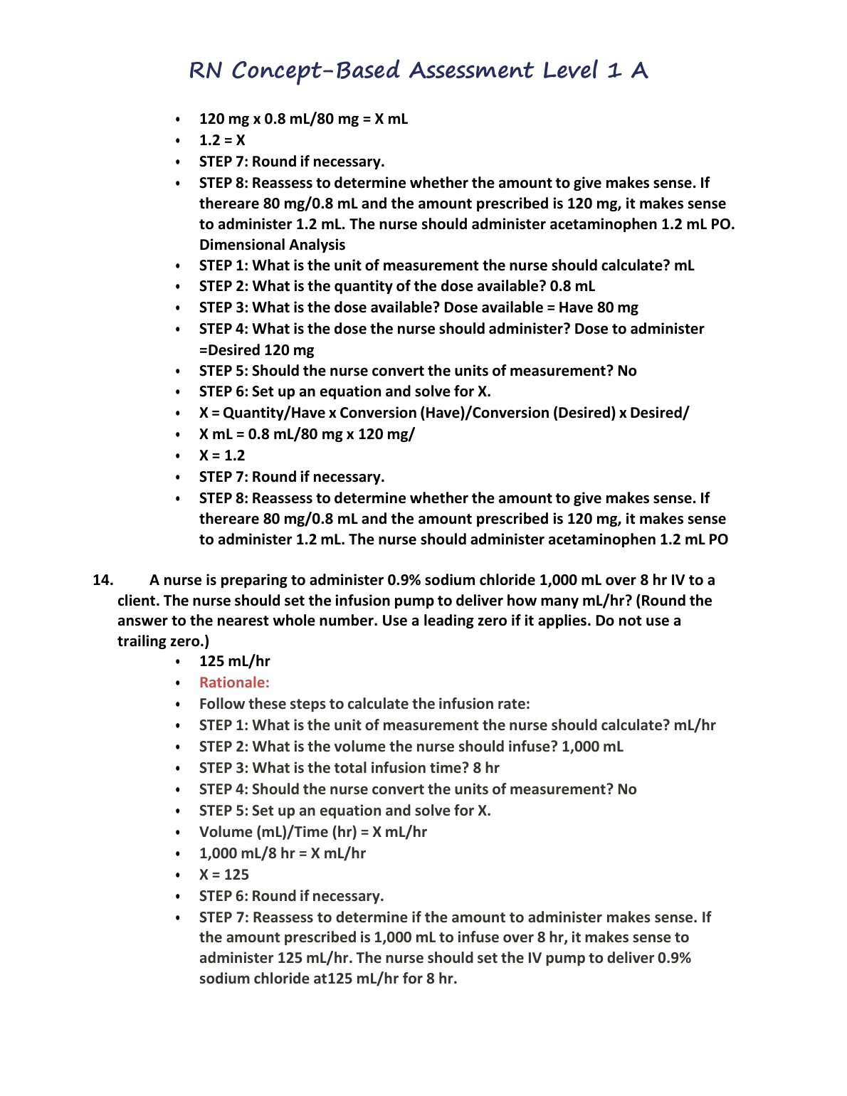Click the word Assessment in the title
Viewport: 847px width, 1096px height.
(470, 70)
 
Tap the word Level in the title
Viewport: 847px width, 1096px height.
(570, 70)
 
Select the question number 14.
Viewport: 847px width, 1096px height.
(103, 580)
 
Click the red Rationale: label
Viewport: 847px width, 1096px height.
(234, 683)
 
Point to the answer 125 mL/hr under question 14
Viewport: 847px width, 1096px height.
(234, 661)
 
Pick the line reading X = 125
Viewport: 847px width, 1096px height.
(224, 875)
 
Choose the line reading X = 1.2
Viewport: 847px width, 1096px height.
(222, 455)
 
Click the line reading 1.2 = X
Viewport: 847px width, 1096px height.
(222, 140)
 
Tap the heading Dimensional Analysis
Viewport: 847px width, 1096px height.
(272, 245)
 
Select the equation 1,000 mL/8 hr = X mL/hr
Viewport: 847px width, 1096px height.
(282, 853)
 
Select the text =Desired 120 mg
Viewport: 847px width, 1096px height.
(256, 350)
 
